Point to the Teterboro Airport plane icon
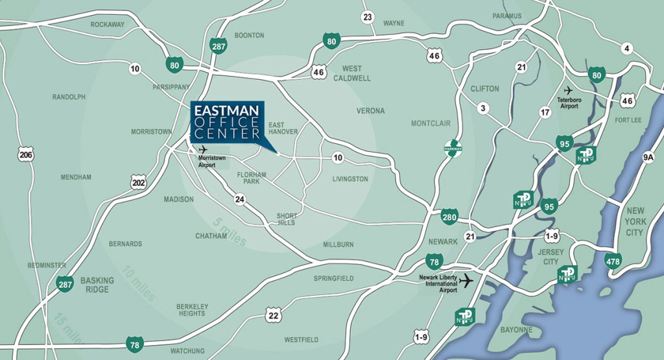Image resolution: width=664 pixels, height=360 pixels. tap(569, 90)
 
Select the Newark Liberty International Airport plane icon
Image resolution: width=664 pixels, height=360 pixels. tap(466, 280)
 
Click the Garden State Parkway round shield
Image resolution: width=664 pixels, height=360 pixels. tap(453, 147)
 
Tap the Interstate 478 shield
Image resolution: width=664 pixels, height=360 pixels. tap(613, 261)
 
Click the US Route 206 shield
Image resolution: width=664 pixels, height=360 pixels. tap(26, 155)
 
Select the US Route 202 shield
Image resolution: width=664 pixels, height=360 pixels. tap(137, 183)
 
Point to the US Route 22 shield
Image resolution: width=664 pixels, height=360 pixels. tap(274, 316)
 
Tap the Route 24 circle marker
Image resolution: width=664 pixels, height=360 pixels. tap(241, 199)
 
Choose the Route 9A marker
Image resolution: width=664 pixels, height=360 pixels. tap(648, 156)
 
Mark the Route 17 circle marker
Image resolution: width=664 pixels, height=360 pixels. tap(545, 113)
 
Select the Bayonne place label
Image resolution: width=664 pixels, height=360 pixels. tap(516, 330)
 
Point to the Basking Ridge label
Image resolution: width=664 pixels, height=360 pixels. tap(97, 285)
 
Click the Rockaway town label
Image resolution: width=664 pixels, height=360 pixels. tap(107, 25)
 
